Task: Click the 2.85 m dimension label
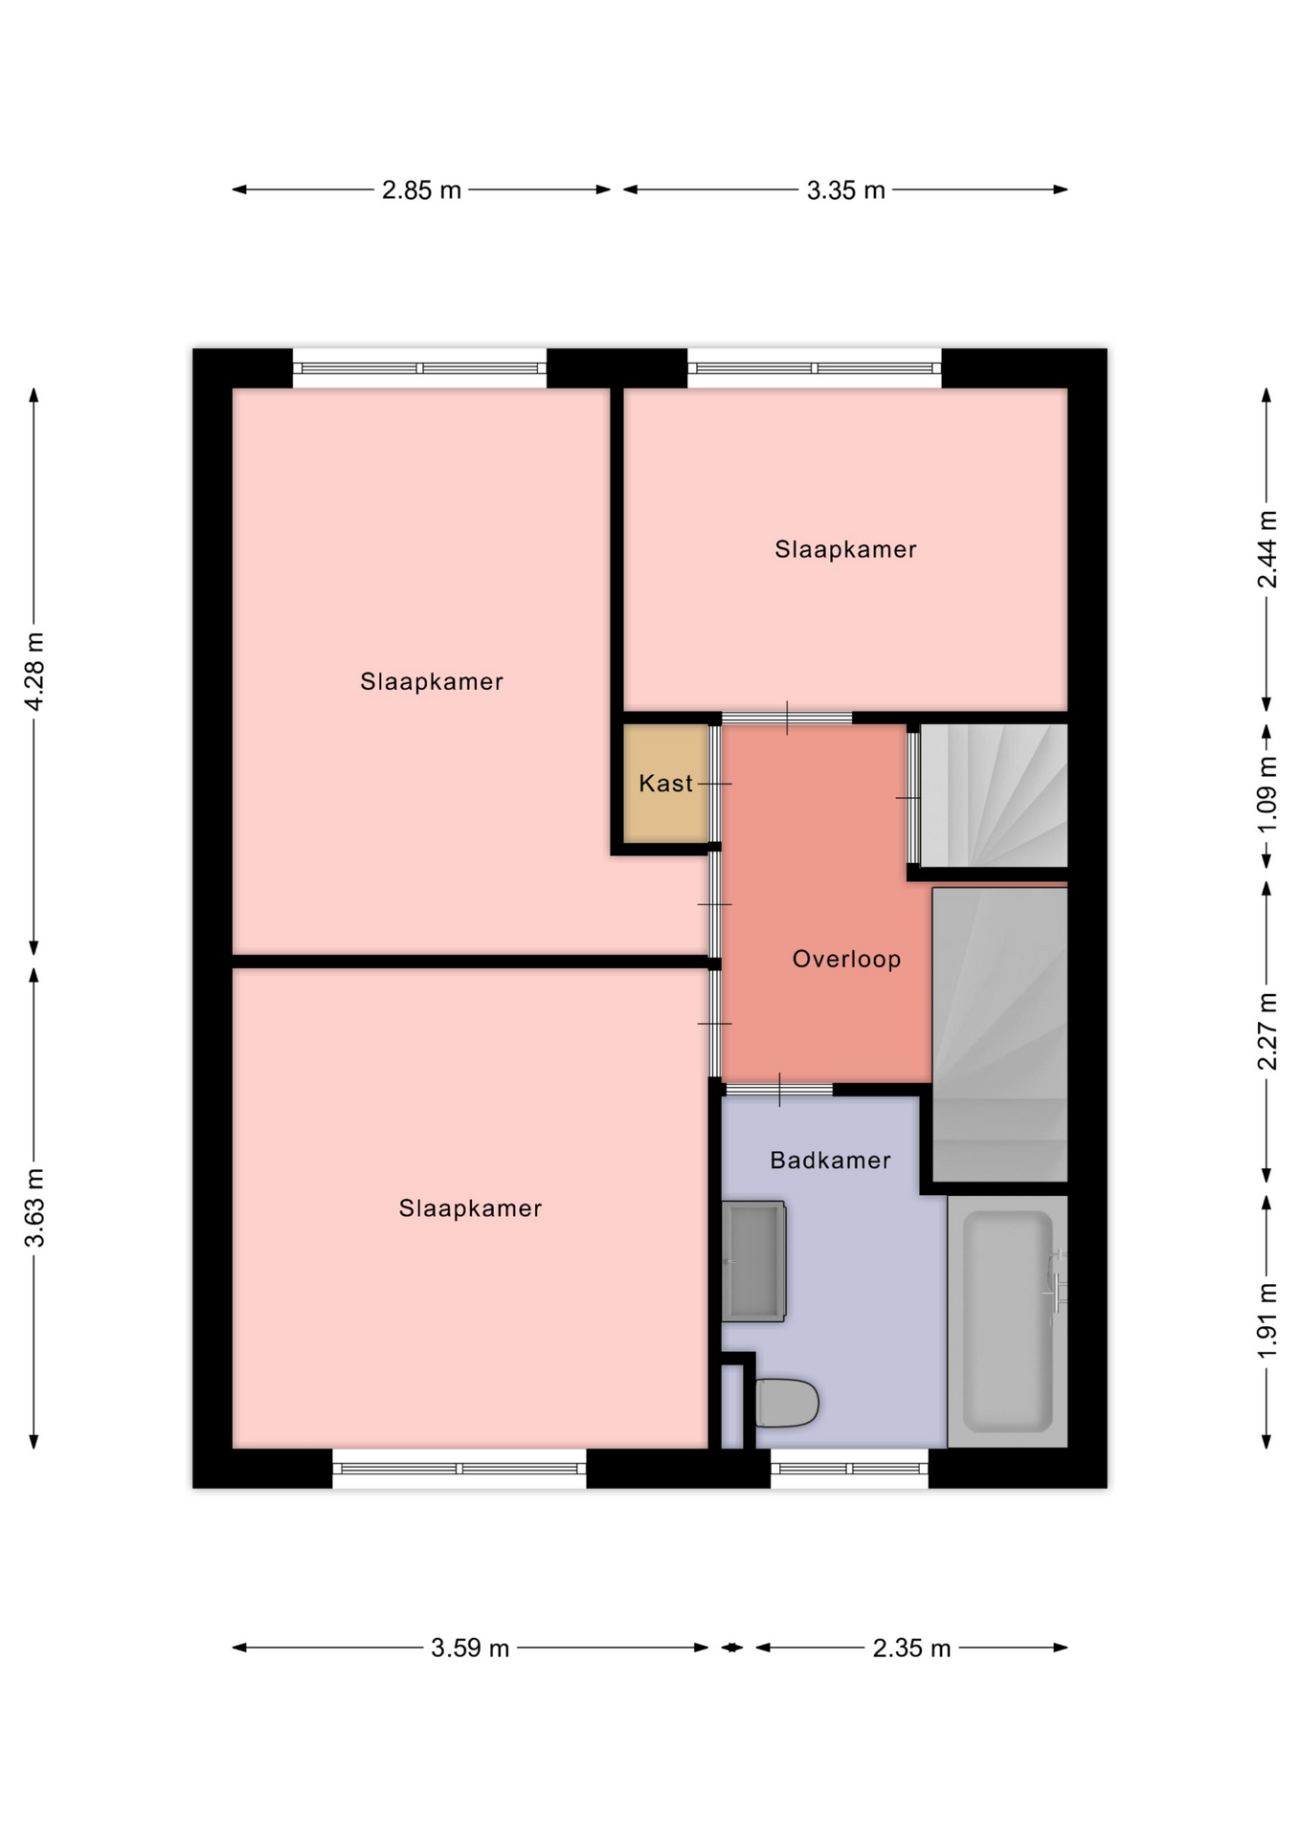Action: coord(421,190)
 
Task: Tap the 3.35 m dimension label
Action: coord(845,190)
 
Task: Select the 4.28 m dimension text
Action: coord(34,672)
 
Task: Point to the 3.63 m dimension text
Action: coord(34,1207)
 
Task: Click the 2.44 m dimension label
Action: coord(1266,549)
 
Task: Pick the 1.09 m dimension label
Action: coord(1266,794)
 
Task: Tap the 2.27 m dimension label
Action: coord(1266,1031)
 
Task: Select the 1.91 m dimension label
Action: coord(1266,1320)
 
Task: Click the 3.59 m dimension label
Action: coord(469,1648)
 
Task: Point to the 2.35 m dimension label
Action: coord(911,1648)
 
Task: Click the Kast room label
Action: coord(665,784)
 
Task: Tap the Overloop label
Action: coord(846,959)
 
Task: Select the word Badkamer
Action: coord(830,1161)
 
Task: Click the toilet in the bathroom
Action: coord(787,1404)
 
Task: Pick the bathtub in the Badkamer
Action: coord(1007,1321)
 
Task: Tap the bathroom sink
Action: coord(754,1261)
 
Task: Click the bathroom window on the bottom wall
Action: coord(849,1469)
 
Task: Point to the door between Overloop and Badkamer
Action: coord(779,1089)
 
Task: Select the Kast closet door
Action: coord(714,784)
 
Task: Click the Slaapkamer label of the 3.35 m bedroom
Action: coord(845,549)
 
